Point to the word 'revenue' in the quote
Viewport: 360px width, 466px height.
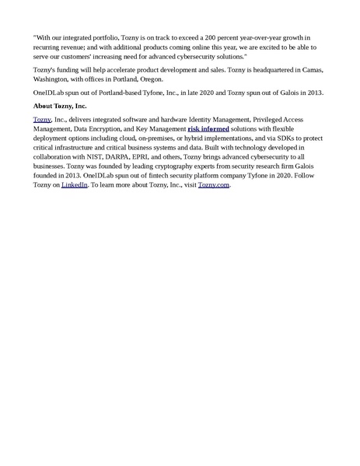74,47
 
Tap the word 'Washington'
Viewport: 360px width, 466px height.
52,80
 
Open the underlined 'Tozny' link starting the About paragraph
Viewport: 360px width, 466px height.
41,118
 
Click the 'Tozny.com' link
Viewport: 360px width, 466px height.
214,186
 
